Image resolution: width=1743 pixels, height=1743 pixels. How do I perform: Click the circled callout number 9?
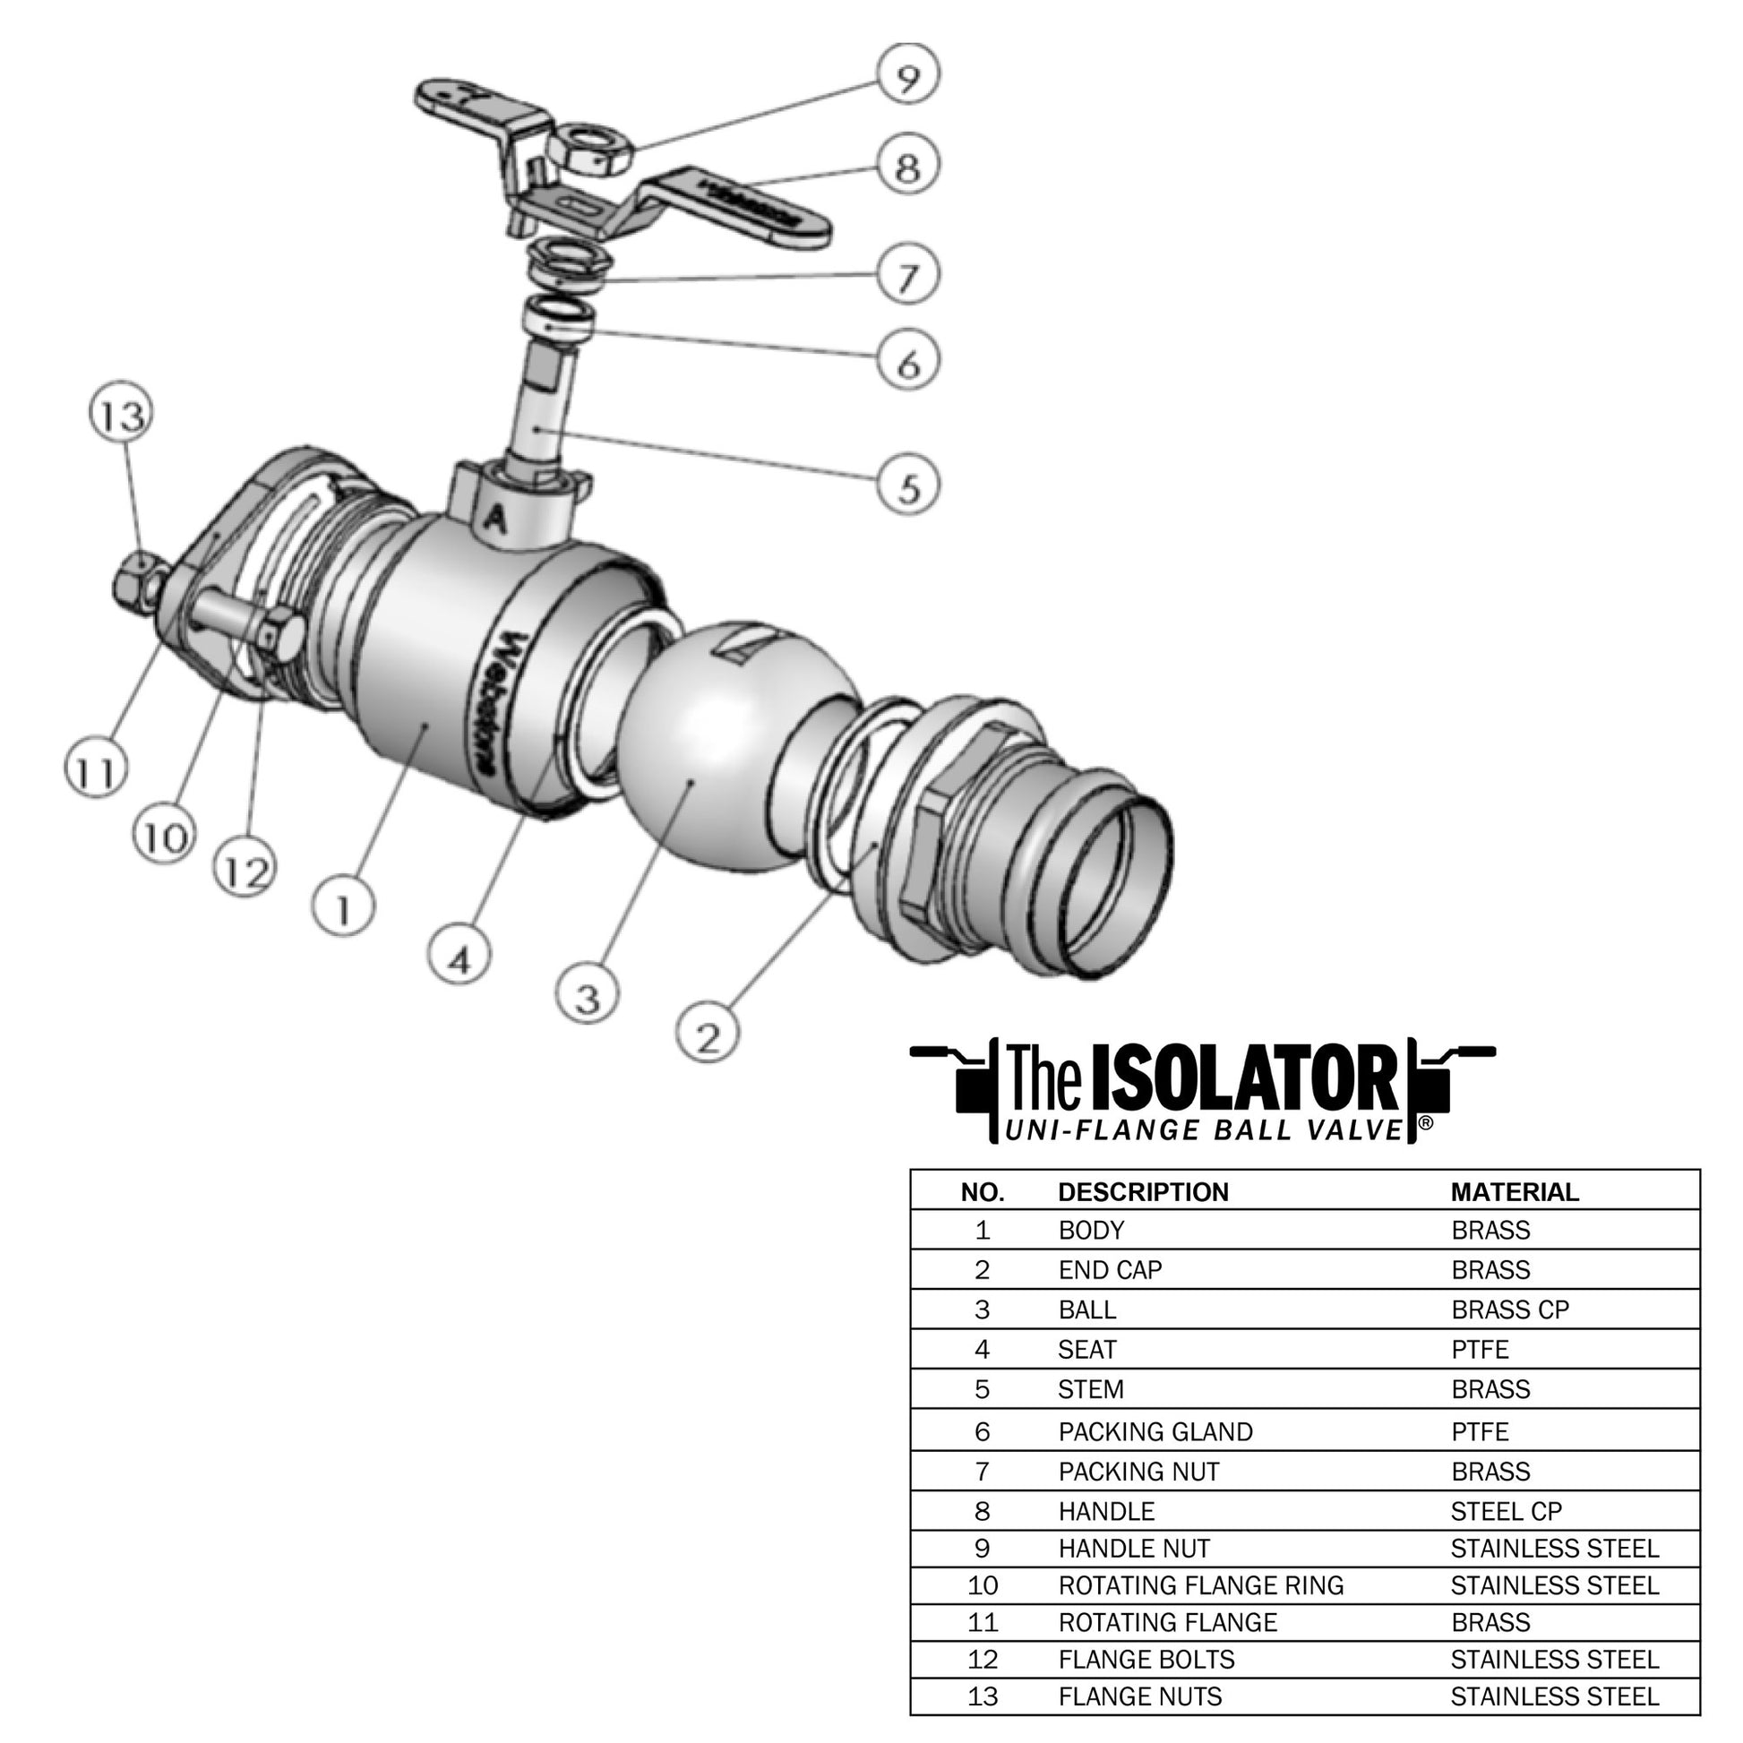click(907, 76)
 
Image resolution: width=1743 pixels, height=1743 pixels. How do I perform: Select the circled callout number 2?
click(708, 1035)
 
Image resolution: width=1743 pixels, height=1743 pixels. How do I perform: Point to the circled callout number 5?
click(908, 486)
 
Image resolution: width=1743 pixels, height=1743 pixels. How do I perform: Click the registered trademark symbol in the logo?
click(1425, 1122)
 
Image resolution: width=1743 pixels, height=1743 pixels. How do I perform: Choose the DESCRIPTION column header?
click(1143, 1192)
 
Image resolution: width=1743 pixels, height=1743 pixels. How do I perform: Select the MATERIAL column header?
click(1515, 1192)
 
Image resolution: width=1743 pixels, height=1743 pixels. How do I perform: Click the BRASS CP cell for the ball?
click(1510, 1310)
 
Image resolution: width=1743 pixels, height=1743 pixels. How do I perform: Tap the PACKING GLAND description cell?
click(1155, 1431)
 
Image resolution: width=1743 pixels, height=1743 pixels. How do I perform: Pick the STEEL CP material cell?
click(1507, 1511)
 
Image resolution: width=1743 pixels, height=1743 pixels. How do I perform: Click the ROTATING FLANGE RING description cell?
click(1201, 1585)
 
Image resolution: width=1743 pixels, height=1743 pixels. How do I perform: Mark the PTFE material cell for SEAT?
click(1481, 1350)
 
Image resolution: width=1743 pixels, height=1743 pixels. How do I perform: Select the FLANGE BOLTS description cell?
click(1146, 1659)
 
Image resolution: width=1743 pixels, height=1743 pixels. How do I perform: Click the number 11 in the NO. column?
click(983, 1622)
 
